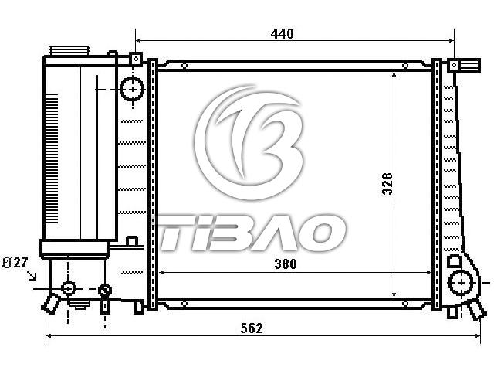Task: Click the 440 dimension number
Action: [282, 34]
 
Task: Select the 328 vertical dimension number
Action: [387, 184]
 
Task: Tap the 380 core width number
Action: [286, 264]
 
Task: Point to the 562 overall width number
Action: [252, 328]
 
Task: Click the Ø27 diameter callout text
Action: [15, 263]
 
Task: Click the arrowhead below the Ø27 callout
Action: [32, 277]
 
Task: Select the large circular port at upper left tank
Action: [132, 90]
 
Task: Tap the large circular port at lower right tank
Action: [462, 283]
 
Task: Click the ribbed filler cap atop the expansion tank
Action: [69, 50]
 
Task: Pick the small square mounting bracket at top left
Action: [136, 59]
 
